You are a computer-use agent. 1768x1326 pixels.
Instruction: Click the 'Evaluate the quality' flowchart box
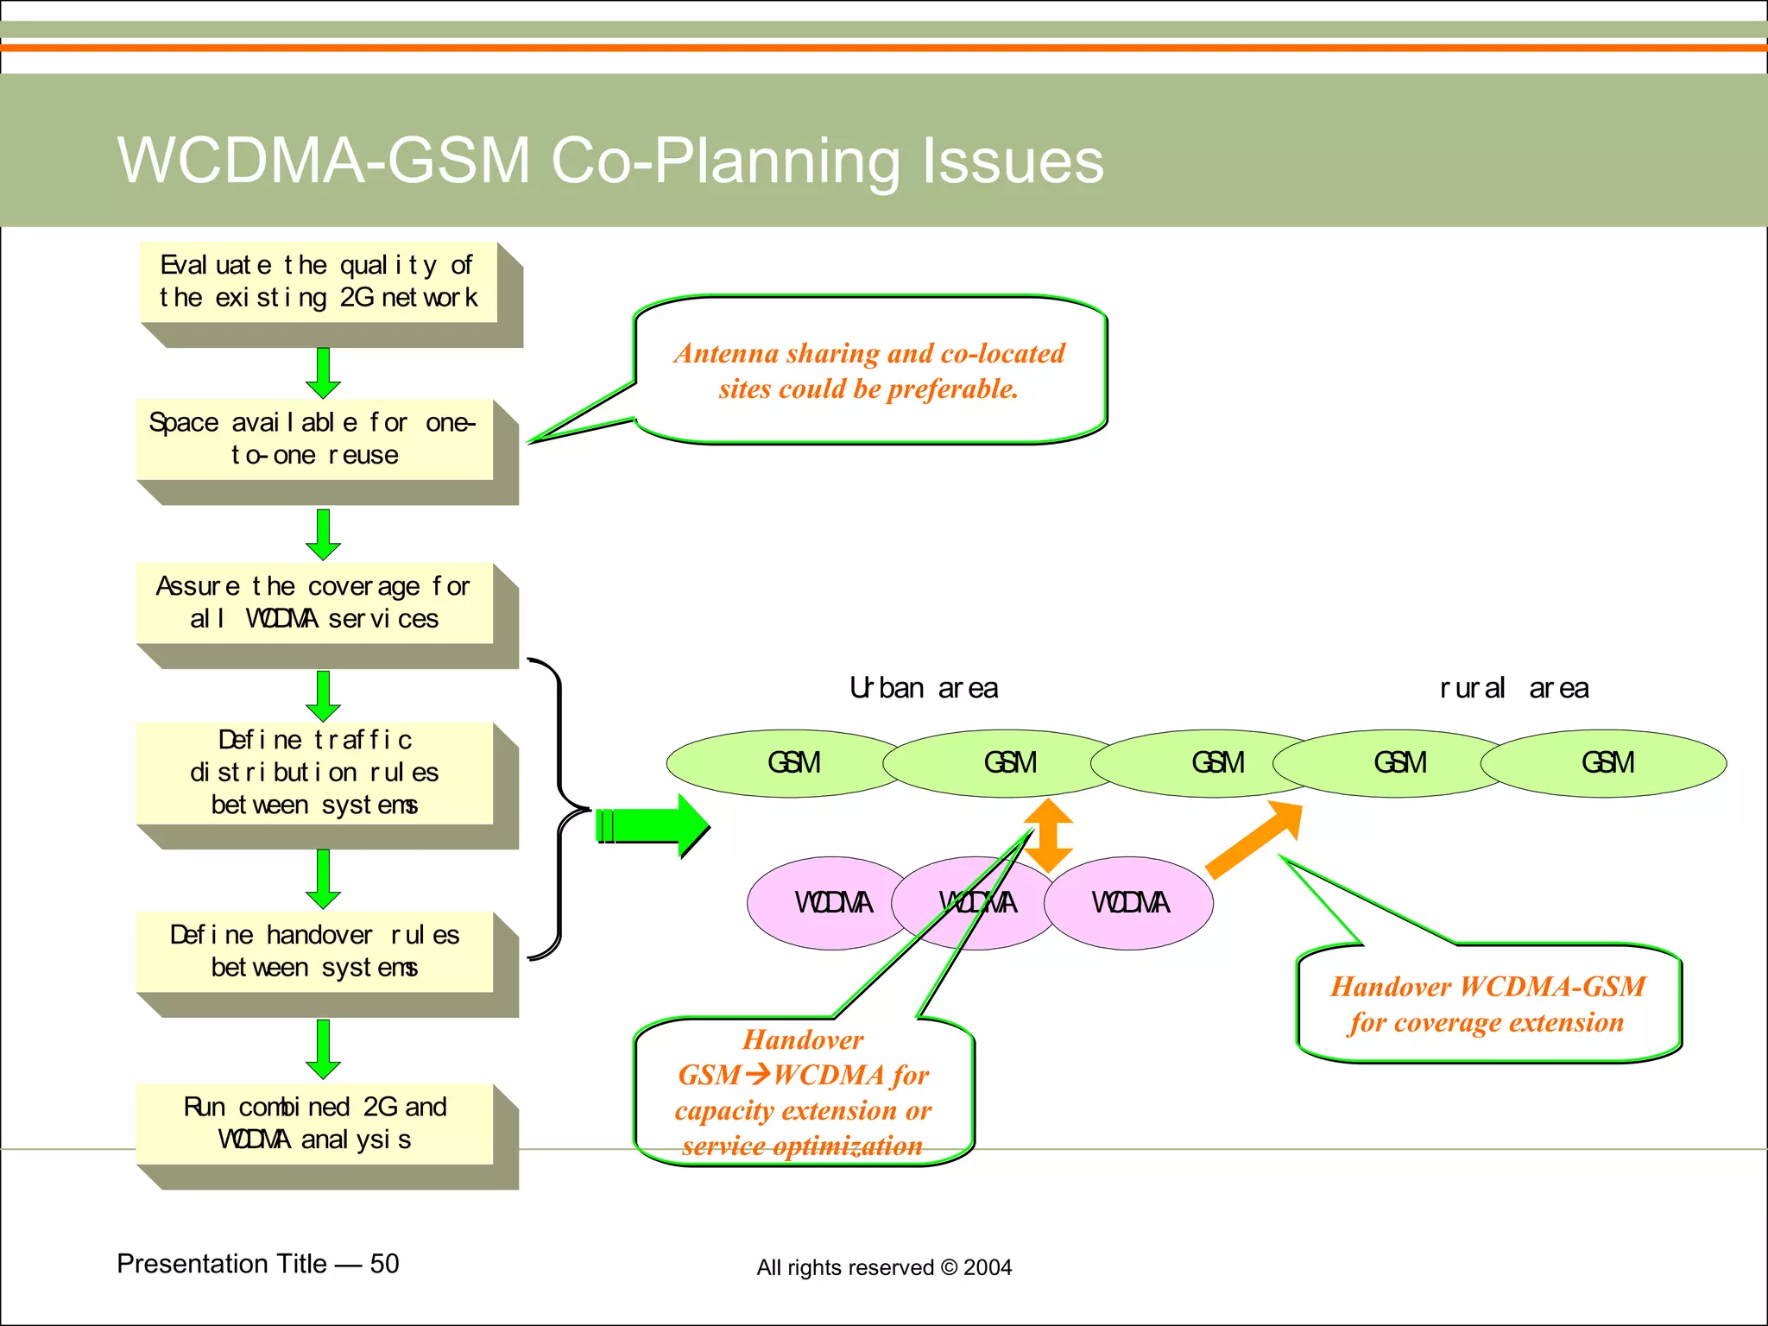319,282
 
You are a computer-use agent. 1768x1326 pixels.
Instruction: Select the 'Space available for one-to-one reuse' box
314,439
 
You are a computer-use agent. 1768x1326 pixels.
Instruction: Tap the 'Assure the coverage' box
314,603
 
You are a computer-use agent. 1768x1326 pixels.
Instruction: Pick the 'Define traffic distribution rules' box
314,773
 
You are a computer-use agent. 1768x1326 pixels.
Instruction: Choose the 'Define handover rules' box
314,951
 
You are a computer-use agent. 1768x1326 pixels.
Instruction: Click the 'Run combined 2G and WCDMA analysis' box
314,1124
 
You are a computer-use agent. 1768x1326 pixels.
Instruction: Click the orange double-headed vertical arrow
1048,835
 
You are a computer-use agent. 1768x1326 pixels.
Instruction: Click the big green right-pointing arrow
653,825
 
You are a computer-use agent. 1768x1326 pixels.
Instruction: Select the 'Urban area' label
924,688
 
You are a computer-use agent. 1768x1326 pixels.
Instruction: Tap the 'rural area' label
1514,688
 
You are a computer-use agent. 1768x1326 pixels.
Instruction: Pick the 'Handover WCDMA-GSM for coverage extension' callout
1487,1004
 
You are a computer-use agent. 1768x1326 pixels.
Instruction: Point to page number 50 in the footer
384,1264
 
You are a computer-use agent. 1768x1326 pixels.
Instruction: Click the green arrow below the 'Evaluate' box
323,373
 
